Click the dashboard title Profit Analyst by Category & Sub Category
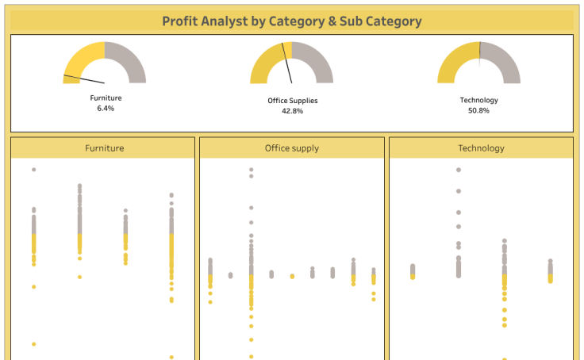coord(292,21)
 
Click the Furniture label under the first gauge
coord(106,98)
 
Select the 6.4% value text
coord(106,108)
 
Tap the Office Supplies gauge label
coord(292,101)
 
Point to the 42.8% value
coord(292,111)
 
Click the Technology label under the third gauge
coord(478,100)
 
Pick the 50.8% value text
coord(478,110)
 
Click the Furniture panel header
coord(104,148)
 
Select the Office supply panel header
coord(292,148)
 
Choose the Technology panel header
coord(481,148)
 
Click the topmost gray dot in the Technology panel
coord(459,170)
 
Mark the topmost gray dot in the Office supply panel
coord(252,170)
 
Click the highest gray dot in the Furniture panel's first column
coord(33,170)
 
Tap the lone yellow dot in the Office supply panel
coord(292,276)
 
